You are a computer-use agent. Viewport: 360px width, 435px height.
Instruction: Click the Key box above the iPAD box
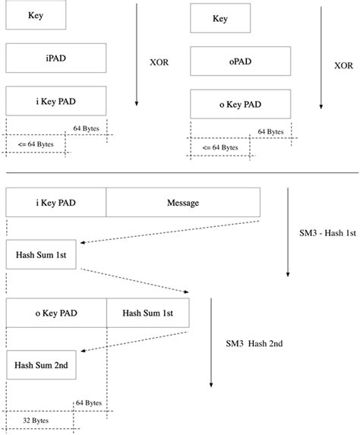(x=35, y=14)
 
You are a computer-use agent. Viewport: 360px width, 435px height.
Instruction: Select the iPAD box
(x=55, y=58)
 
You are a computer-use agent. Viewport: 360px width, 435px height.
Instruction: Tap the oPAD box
(x=241, y=61)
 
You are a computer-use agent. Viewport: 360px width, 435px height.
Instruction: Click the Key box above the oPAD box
(x=219, y=19)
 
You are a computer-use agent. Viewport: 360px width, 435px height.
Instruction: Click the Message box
(x=183, y=203)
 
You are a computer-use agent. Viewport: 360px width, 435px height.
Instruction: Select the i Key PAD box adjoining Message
(x=55, y=203)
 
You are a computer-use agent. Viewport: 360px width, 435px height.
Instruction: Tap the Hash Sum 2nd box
(x=40, y=365)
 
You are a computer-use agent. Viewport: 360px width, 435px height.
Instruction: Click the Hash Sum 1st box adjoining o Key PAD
(x=158, y=313)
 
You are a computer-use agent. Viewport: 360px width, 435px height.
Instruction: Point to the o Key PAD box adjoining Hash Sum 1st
(x=55, y=313)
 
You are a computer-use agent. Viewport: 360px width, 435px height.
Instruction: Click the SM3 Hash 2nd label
(x=254, y=343)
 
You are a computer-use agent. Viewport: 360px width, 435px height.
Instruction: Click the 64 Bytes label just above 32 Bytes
(x=89, y=402)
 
